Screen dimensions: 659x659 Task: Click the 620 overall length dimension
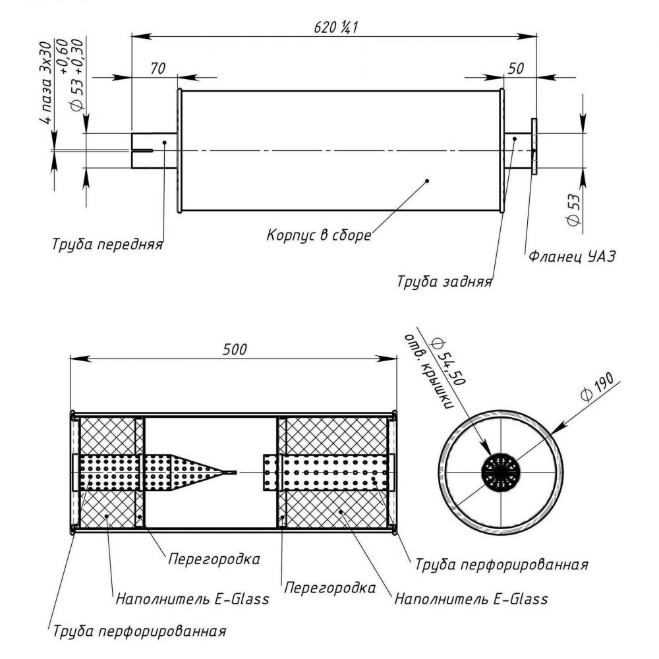(x=335, y=28)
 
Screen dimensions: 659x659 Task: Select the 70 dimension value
(x=158, y=69)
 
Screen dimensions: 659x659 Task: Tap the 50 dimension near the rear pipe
(x=516, y=69)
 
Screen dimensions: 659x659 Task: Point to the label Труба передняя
(x=107, y=244)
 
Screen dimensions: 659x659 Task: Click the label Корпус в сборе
(x=319, y=235)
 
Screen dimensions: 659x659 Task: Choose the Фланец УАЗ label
(x=571, y=256)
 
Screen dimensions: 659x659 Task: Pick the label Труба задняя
(x=444, y=281)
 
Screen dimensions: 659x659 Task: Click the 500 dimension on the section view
(x=235, y=349)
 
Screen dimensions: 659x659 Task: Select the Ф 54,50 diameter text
(x=448, y=360)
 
